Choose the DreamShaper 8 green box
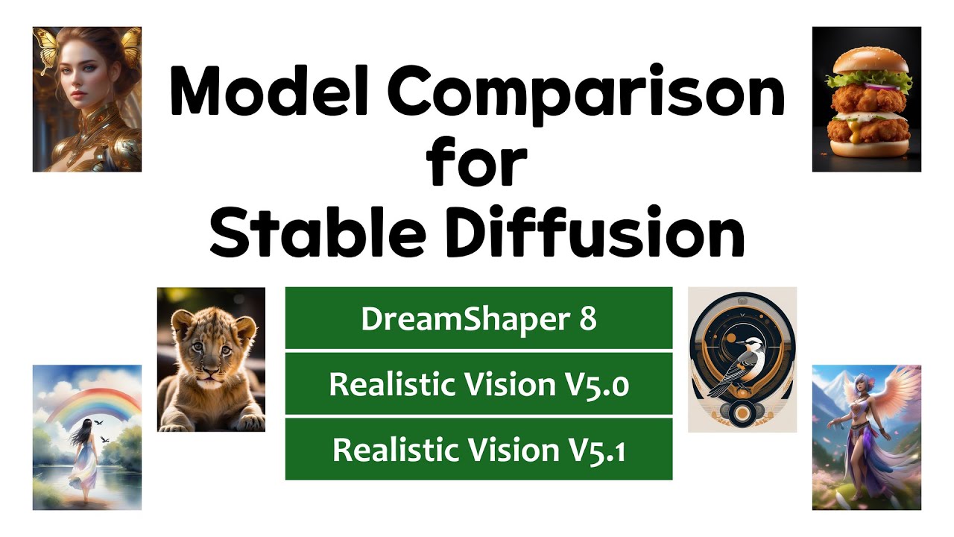coord(478,318)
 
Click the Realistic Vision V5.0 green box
coord(478,384)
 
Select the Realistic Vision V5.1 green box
coord(478,449)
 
